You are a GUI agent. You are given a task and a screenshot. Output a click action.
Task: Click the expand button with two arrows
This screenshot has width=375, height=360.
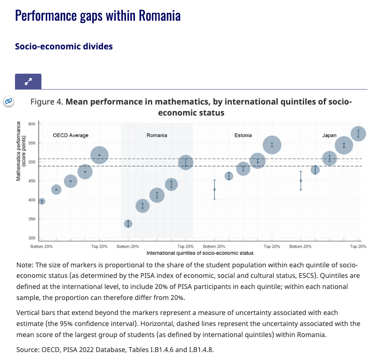point(28,82)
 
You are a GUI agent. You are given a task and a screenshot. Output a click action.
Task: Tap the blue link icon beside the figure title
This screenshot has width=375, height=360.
point(8,101)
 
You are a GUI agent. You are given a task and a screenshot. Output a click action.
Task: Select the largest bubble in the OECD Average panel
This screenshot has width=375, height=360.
point(100,155)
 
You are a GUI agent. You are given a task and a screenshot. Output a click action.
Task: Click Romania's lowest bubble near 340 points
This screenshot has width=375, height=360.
point(128,223)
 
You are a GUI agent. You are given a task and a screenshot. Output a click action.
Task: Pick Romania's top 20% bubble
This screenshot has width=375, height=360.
point(186,162)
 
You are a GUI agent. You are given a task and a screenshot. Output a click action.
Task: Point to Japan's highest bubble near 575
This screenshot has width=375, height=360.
point(358,133)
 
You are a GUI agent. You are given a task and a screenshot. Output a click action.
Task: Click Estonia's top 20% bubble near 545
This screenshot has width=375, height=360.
point(272,145)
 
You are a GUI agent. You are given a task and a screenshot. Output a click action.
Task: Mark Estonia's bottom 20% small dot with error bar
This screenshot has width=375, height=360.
point(215,189)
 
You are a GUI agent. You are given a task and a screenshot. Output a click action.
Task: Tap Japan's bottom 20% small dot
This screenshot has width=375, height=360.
point(301,180)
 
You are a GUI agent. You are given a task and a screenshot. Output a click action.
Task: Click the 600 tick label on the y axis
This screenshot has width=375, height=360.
point(31,124)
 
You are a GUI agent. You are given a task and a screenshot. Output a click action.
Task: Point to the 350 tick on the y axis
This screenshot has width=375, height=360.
point(31,219)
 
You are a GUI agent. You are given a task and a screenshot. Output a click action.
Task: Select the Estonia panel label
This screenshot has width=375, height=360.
point(243,135)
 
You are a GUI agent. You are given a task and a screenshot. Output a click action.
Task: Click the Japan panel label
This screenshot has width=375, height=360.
point(330,135)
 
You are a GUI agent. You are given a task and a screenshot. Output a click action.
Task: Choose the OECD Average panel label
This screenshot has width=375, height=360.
point(71,135)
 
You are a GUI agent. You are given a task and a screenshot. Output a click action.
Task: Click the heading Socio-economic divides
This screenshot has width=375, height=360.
point(64,46)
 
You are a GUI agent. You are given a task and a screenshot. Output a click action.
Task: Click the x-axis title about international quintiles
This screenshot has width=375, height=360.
point(200,253)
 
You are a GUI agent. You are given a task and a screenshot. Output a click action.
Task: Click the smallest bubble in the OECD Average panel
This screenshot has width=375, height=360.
point(42,201)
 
